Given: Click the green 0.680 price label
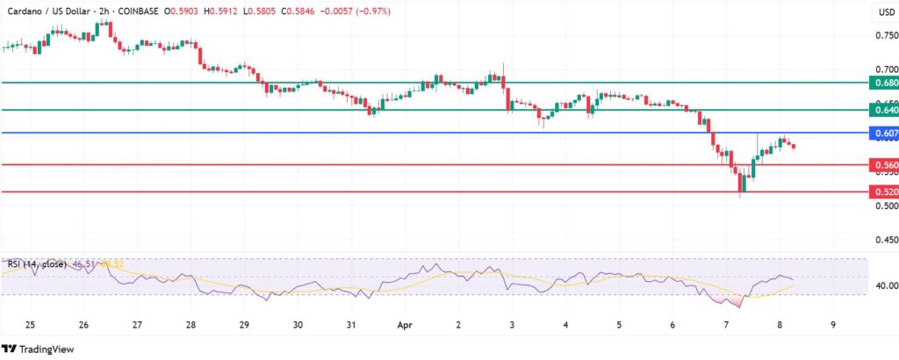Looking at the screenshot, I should (x=882, y=83).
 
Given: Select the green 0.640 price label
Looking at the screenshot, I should (x=882, y=110).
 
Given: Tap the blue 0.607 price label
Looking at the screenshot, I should (x=882, y=133).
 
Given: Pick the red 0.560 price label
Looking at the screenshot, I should (x=882, y=164).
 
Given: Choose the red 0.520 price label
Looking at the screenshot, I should (x=882, y=191).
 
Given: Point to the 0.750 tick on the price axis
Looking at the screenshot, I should (x=882, y=35).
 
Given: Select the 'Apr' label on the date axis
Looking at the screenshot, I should (x=405, y=325).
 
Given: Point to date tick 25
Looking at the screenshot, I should (x=30, y=325).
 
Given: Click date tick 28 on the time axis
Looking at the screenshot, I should (x=191, y=325).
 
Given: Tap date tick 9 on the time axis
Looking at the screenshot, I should (x=833, y=325).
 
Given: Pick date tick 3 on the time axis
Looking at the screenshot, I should (x=512, y=325).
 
